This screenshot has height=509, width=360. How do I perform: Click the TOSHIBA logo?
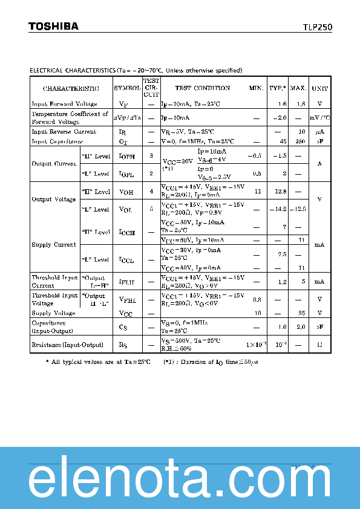53,26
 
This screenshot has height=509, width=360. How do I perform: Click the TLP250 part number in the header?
317,27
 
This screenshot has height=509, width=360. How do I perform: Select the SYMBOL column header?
127,88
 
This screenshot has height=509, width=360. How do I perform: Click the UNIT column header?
319,88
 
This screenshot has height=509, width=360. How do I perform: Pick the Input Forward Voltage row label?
64,104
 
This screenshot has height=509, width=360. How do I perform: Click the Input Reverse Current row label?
64,132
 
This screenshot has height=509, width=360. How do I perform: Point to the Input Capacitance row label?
57,141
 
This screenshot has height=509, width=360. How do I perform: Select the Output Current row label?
54,164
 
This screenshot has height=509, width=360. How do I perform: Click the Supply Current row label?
54,245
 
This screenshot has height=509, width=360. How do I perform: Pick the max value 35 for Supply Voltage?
301,313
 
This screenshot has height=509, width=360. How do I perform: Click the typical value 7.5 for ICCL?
281,254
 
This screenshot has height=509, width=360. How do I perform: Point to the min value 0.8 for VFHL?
257,299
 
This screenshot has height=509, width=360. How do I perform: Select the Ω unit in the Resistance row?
319,345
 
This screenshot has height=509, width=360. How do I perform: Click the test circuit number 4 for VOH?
151,192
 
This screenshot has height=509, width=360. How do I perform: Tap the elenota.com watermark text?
180,480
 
